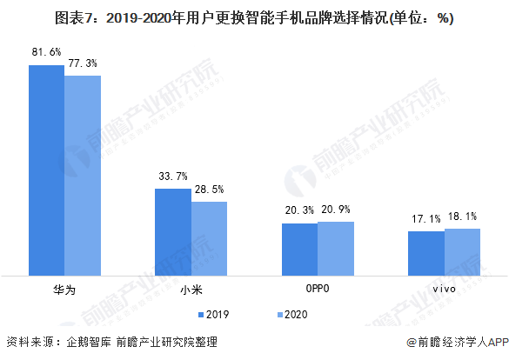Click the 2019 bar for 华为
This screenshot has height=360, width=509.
[x=47, y=170]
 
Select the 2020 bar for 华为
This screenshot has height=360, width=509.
[x=83, y=176]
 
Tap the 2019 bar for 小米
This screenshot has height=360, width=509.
[x=173, y=232]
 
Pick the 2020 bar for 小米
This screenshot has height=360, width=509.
[x=209, y=239]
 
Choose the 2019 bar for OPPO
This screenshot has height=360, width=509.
[x=299, y=250]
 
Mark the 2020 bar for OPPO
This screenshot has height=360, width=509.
[x=336, y=249]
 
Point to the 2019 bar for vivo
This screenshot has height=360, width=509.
[x=426, y=254]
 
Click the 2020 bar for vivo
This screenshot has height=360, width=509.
[x=463, y=252]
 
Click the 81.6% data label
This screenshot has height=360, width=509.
[x=46, y=52]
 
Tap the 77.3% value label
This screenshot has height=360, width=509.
[x=83, y=63]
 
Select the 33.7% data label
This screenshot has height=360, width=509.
[x=173, y=177]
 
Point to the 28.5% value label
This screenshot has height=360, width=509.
[x=210, y=189]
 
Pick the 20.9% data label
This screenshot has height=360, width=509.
[x=336, y=210]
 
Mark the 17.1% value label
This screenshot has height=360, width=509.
[x=426, y=219]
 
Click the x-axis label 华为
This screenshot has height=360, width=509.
[x=64, y=290]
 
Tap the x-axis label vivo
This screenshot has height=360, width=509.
[x=444, y=289]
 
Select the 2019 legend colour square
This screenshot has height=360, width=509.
[x=201, y=315]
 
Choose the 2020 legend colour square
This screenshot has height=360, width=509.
[x=280, y=315]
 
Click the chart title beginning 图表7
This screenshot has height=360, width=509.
[x=254, y=18]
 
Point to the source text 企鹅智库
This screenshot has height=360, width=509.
[x=89, y=342]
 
